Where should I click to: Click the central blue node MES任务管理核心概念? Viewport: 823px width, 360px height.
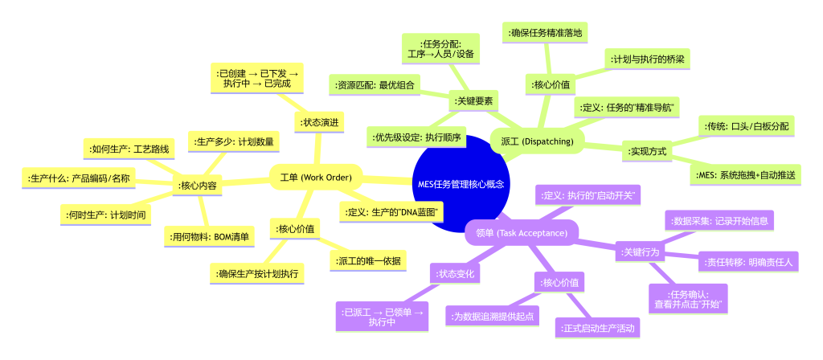[x=461, y=183]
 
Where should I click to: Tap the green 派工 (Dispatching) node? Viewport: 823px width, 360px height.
[x=536, y=141]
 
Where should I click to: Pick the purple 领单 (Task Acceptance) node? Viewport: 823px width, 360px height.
[x=521, y=233]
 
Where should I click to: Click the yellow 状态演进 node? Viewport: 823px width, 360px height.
[x=319, y=123]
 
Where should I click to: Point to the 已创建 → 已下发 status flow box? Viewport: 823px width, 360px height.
[x=257, y=78]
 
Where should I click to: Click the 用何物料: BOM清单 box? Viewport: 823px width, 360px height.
[x=210, y=236]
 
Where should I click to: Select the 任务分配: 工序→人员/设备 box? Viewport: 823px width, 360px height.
[x=440, y=49]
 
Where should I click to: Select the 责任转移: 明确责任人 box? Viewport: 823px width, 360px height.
[x=747, y=262]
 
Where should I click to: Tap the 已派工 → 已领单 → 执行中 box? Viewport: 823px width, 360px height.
[x=382, y=317]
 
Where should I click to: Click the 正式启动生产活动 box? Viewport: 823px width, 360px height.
[x=598, y=327]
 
